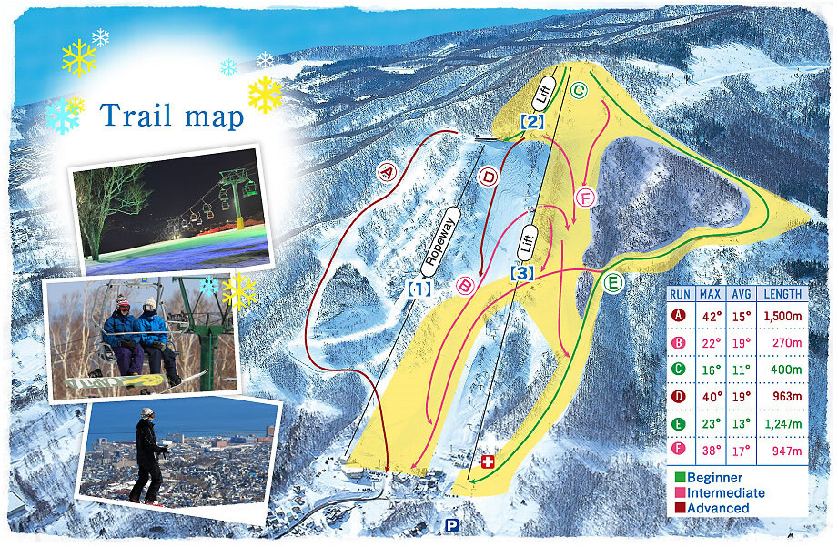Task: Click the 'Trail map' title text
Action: pos(172,116)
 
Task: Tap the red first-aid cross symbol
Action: pos(488,462)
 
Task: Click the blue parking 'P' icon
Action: pos(451,525)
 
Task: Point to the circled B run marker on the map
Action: pos(465,285)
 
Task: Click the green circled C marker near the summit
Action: pos(578,89)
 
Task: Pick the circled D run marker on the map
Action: pos(489,177)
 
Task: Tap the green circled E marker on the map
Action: pos(613,283)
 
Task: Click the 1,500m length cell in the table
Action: pos(782,315)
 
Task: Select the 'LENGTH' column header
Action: pos(782,294)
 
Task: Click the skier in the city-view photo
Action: pos(148,454)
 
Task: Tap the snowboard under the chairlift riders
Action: pos(127,381)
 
